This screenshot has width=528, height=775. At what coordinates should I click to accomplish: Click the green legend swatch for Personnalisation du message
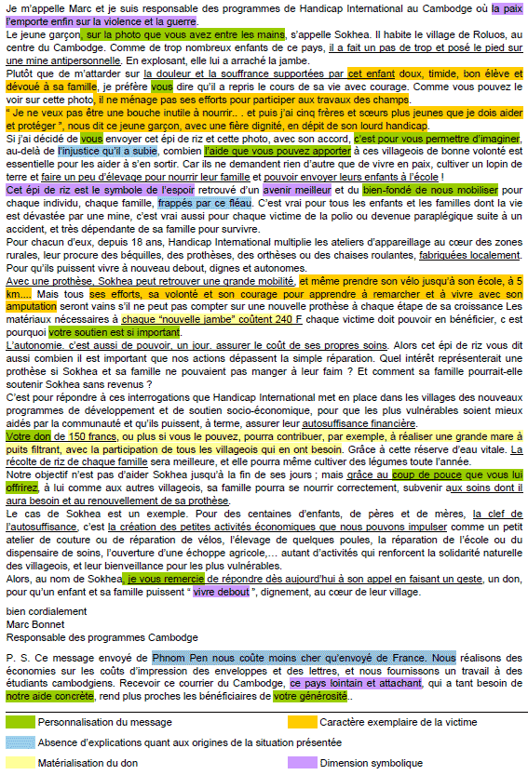[x=19, y=721]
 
